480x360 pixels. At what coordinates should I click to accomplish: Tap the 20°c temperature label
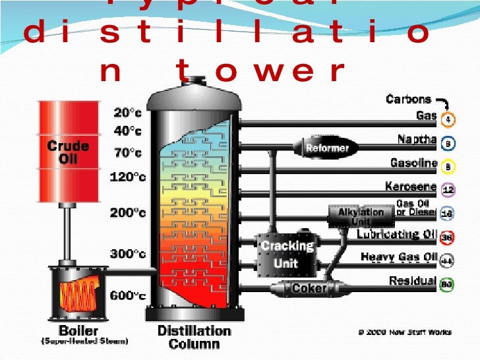coord(127,113)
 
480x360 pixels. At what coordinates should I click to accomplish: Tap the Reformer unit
coord(326,148)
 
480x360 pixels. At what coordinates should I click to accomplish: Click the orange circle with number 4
coord(447,119)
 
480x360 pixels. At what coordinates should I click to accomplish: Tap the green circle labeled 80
coord(447,285)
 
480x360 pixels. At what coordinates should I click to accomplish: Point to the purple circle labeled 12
coord(447,190)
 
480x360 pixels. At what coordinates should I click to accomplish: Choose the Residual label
coord(412,281)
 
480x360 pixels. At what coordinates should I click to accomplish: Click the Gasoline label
coord(413,163)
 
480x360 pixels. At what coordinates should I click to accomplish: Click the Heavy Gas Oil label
coord(398,256)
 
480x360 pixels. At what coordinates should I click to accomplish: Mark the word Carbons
coord(408,100)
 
